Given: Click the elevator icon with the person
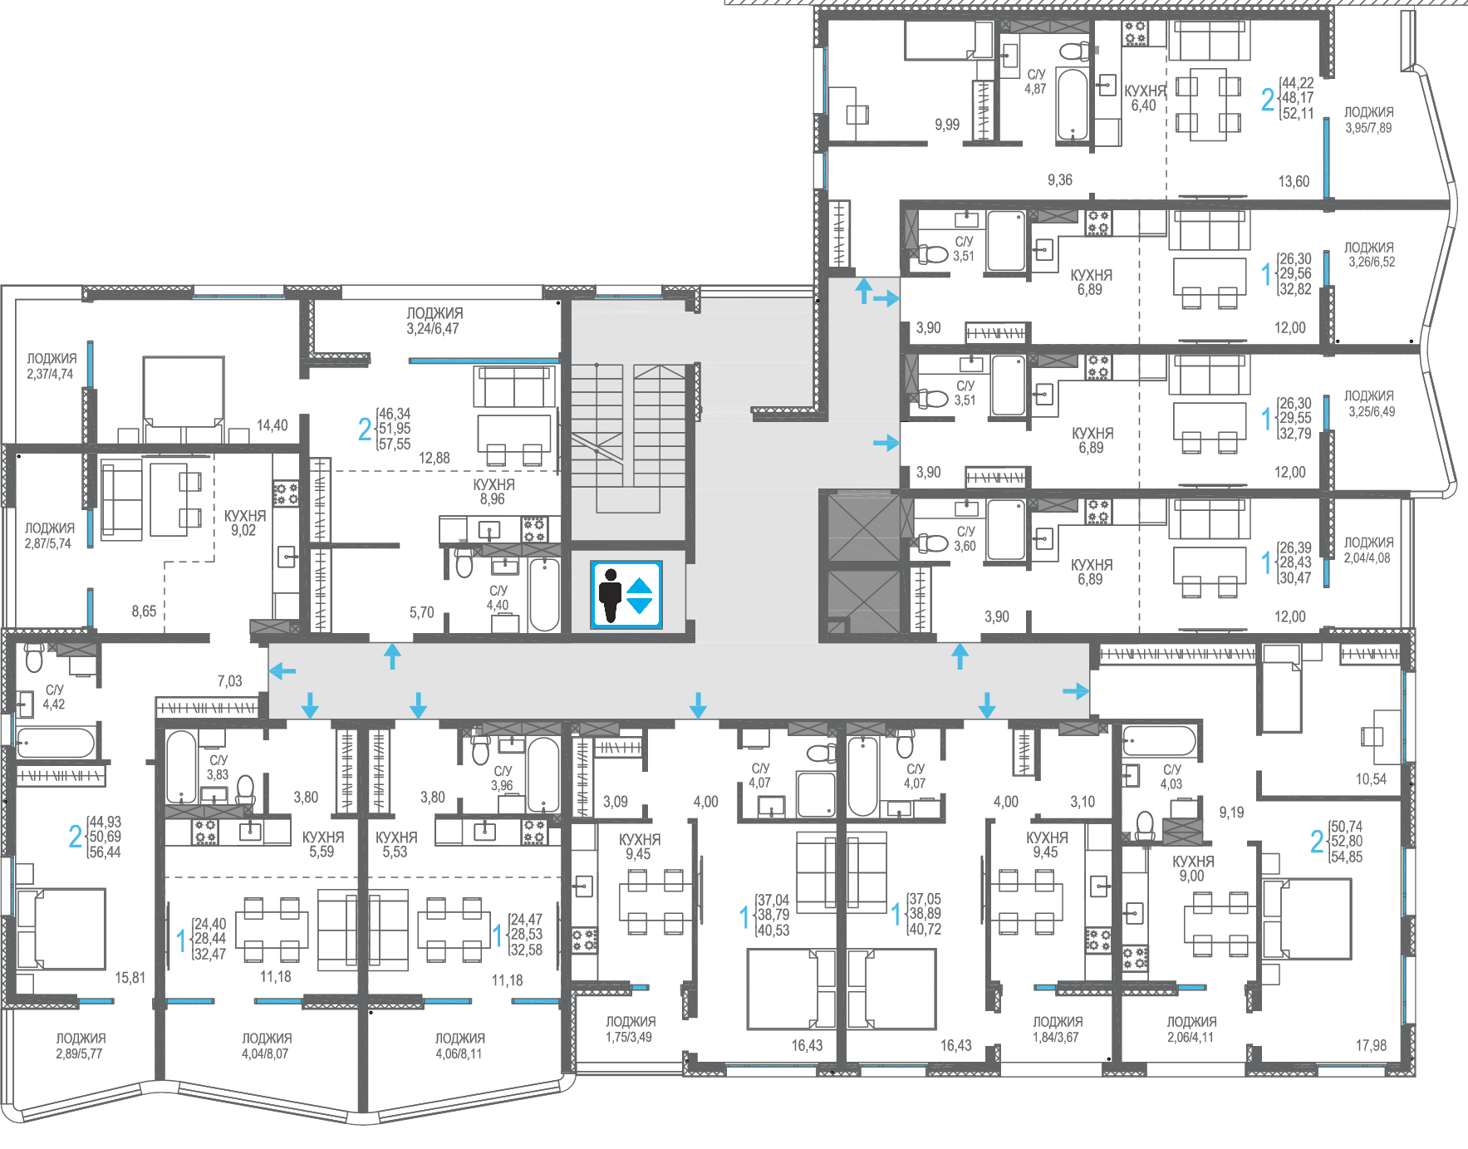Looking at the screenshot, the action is tap(626, 595).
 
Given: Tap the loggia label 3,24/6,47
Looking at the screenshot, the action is tap(435, 321).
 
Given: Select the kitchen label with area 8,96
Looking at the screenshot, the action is tap(493, 492).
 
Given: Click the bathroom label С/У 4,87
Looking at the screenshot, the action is tap(1035, 81).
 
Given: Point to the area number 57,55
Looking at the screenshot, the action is tap(395, 444).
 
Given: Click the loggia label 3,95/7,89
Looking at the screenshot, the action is tap(1368, 120).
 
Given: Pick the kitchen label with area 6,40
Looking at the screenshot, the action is tap(1145, 98).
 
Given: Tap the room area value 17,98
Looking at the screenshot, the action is tap(1371, 1045).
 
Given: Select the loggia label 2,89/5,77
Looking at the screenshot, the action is tap(81, 1046).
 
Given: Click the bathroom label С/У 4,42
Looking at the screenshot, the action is tap(54, 697).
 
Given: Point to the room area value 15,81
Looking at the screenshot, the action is tap(130, 978).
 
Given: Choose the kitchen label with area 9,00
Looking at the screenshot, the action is tap(1193, 869).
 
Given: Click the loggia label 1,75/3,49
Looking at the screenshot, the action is tap(630, 1029).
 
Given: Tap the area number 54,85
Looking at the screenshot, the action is tap(1347, 857).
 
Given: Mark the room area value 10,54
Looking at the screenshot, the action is tap(1371, 779).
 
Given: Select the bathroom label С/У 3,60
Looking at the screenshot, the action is tap(965, 538).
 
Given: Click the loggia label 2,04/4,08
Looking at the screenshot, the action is tap(1368, 550).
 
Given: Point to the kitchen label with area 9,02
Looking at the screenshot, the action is tap(244, 523).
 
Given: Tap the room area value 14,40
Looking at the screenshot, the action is tap(272, 425).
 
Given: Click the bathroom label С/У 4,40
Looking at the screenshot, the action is tap(498, 597).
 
